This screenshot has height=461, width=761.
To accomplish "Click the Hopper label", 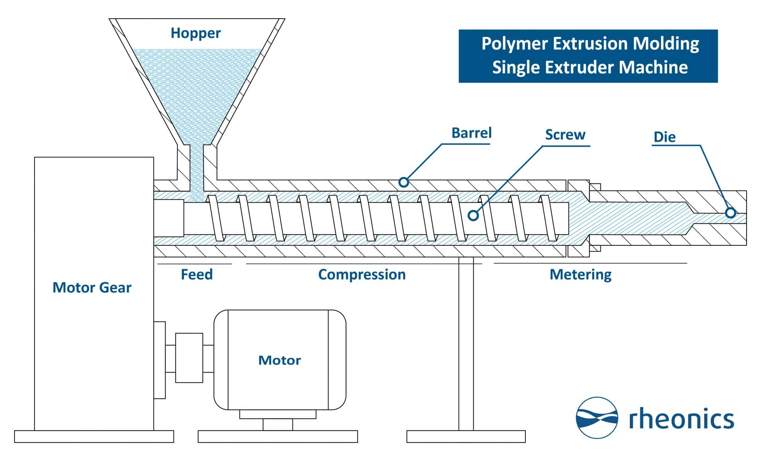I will [195, 33].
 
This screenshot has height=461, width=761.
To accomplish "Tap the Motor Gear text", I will [92, 288].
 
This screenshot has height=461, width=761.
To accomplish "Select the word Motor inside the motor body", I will [279, 360].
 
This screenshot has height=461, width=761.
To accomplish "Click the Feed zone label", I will [197, 275].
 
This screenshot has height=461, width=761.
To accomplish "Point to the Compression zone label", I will [362, 275].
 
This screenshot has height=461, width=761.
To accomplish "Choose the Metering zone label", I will [580, 275].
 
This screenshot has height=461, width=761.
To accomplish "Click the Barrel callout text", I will [471, 133].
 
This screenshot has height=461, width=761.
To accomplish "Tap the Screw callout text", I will [565, 135].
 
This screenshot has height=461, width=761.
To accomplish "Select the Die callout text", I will [664, 137].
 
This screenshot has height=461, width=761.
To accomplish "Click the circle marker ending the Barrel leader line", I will [404, 182].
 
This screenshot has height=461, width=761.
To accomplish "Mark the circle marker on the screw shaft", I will [473, 215].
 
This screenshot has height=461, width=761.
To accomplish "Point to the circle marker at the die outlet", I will [730, 213].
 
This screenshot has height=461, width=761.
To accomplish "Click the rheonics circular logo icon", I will [597, 418].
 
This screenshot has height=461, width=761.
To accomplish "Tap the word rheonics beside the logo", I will [681, 419].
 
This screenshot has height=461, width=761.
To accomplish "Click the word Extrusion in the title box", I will [592, 43].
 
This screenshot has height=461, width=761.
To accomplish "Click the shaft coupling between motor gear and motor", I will [189, 358].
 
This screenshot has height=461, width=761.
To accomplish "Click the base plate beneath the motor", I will [278, 437].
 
